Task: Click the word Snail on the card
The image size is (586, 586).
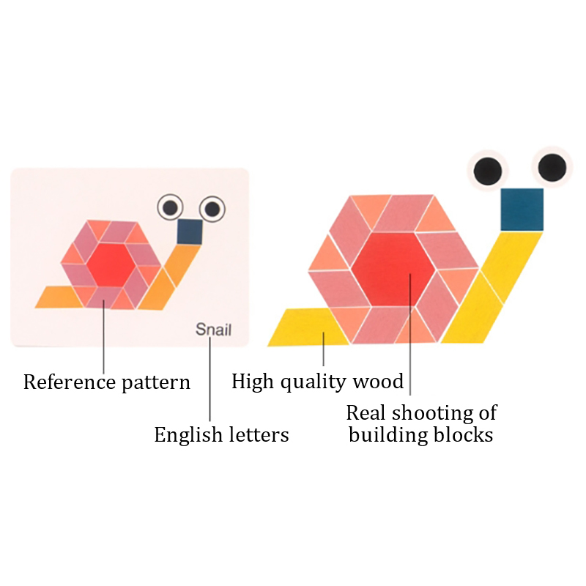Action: click(x=213, y=329)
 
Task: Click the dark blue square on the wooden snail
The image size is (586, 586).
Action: click(x=522, y=209)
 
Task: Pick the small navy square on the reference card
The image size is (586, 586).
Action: click(x=190, y=231)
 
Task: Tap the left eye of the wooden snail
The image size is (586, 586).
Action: click(x=486, y=171)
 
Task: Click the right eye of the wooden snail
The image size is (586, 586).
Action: click(x=551, y=167)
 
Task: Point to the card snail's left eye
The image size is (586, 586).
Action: click(x=170, y=208)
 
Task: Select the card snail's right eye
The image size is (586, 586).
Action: click(x=212, y=209)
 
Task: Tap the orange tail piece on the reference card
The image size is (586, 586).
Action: click(x=59, y=297)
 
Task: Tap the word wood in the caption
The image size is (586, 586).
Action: click(x=379, y=381)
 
